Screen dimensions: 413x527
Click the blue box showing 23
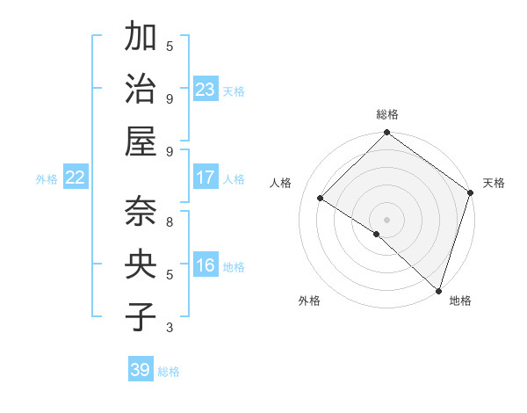point(206,90)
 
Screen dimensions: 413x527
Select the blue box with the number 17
point(206,178)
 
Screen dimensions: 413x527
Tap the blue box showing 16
point(206,265)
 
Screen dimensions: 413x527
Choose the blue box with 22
point(76,178)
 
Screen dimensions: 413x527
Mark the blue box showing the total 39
point(141,370)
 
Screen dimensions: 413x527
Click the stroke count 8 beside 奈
point(170,221)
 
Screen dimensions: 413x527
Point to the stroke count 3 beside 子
point(170,328)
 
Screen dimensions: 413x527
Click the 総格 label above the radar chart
point(387,114)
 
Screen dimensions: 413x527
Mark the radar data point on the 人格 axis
point(321,199)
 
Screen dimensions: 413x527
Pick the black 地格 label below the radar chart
point(460,301)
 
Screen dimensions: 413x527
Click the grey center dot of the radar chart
point(386,220)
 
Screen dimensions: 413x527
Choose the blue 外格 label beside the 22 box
point(47,179)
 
